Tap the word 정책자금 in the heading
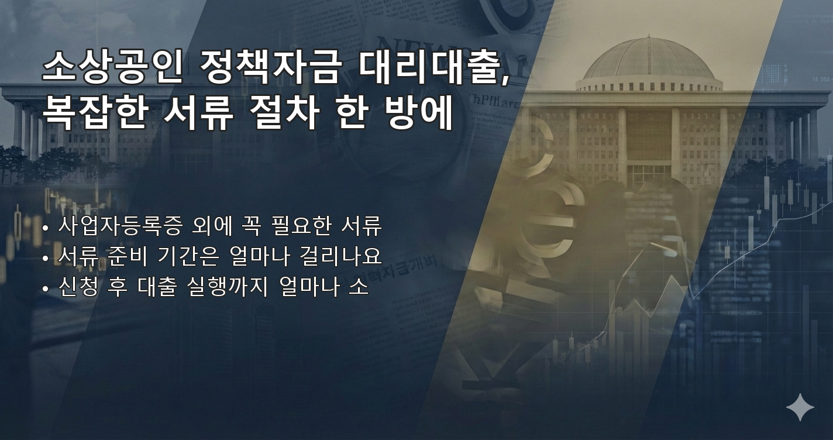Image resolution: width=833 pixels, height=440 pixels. point(269,68)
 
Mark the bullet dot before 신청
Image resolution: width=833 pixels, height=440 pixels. point(46,289)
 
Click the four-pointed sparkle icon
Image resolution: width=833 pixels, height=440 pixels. point(800,407)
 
